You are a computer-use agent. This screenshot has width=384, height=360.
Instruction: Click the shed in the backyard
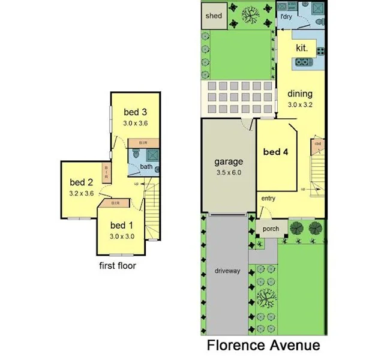click(214, 16)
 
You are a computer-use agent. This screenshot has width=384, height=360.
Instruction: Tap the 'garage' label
click(229, 161)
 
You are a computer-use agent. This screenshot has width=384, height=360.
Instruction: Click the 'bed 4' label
click(276, 152)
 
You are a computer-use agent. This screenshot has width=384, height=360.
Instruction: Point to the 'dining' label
click(300, 94)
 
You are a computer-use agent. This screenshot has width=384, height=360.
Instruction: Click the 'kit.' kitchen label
click(302, 47)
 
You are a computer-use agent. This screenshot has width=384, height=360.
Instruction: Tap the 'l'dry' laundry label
click(285, 17)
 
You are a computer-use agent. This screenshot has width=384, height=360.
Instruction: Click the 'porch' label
click(268, 229)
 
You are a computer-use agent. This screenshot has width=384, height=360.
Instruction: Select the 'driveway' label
click(227, 271)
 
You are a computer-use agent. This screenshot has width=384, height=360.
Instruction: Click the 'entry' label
click(268, 199)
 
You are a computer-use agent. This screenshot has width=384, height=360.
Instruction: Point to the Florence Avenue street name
click(263, 346)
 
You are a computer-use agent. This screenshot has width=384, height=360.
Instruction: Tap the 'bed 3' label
click(135, 112)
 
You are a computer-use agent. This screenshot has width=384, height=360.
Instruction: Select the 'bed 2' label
click(80, 182)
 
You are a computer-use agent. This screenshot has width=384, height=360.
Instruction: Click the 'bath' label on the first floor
click(146, 166)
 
